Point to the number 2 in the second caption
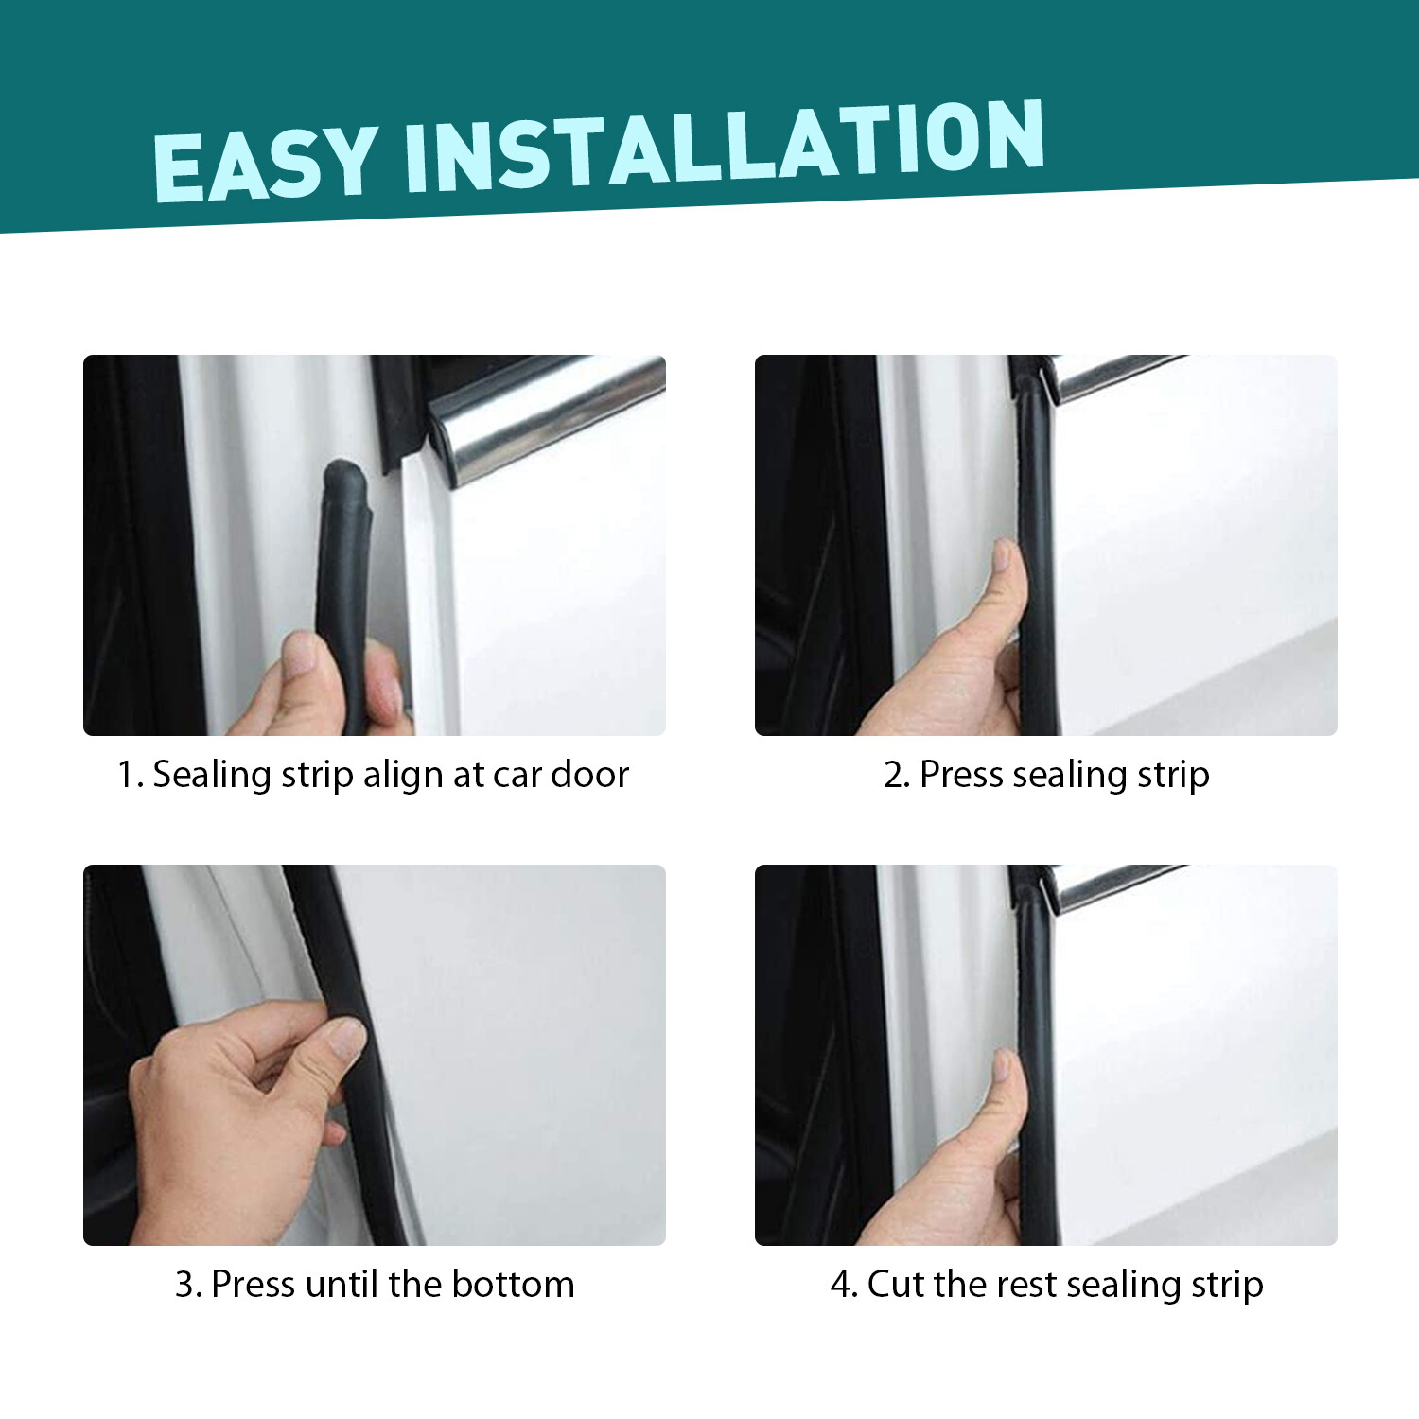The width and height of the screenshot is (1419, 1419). (895, 775)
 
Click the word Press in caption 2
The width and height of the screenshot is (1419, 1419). (961, 775)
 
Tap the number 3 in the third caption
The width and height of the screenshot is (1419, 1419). (186, 1285)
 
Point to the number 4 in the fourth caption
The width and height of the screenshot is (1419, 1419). (842, 1285)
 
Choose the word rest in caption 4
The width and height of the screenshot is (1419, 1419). (1026, 1285)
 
